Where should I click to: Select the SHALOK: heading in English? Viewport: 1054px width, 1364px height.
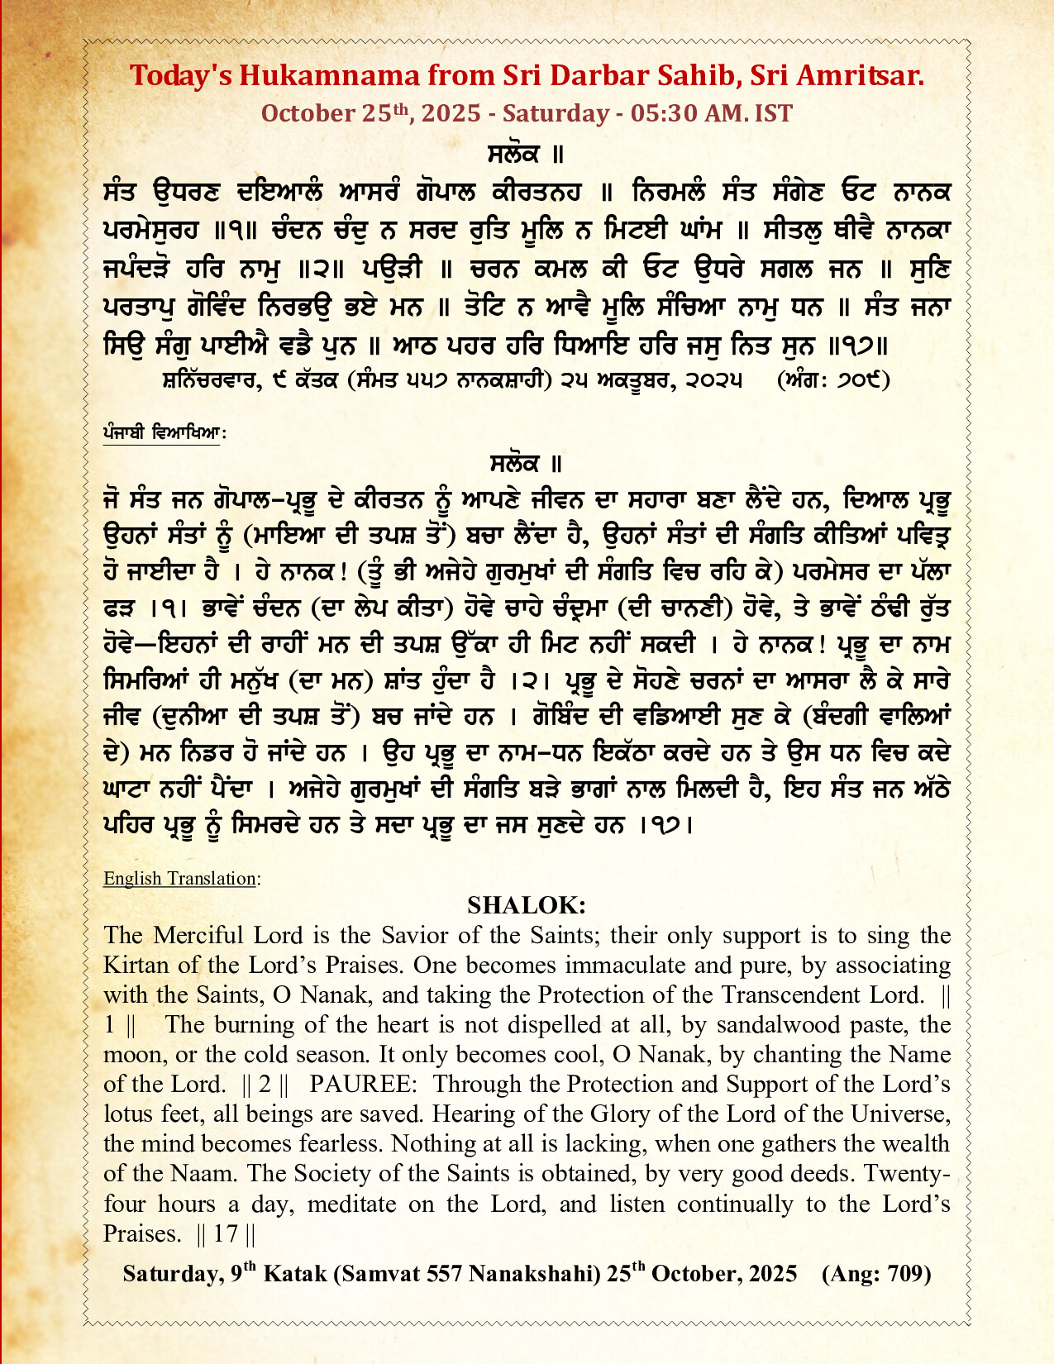point(527,905)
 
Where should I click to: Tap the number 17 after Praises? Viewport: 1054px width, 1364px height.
point(226,1233)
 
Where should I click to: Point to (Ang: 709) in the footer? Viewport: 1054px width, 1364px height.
point(875,1274)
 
